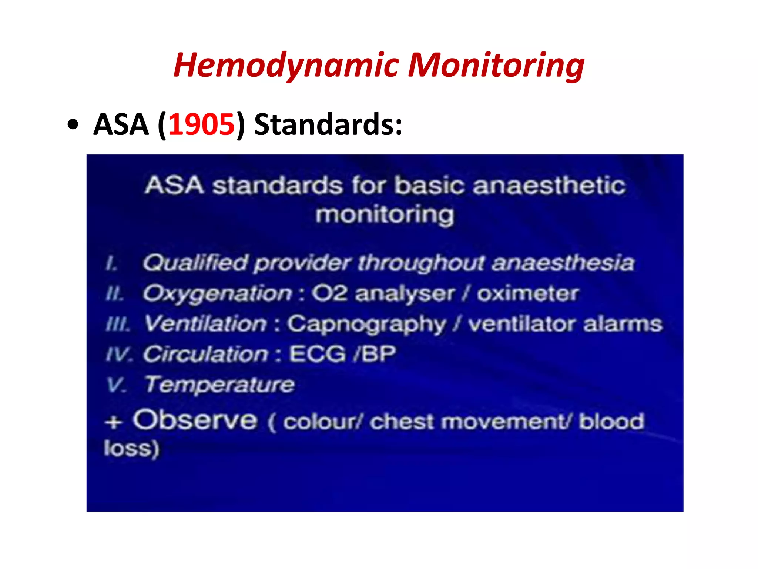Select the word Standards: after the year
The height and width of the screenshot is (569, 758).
(328, 124)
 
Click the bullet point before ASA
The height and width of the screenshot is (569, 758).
(73, 125)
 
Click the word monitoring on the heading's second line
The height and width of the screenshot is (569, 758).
(385, 215)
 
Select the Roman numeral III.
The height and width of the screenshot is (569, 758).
(118, 325)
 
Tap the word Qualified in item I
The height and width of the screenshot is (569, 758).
(195, 263)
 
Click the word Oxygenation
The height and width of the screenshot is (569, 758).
(218, 294)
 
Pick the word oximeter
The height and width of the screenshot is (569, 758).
(527, 294)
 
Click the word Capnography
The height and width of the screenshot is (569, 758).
(367, 325)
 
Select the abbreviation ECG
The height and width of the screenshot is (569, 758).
(317, 354)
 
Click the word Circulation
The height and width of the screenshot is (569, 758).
(206, 354)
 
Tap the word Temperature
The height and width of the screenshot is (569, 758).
(219, 385)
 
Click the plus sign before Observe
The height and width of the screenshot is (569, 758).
(113, 422)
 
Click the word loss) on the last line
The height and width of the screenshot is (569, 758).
(131, 449)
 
